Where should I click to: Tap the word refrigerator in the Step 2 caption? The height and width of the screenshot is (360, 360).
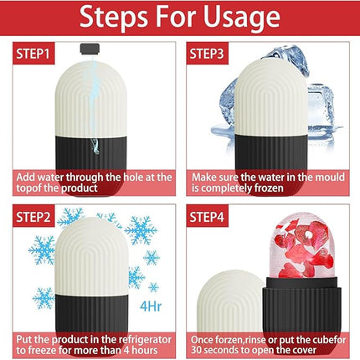(x=126, y=337)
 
